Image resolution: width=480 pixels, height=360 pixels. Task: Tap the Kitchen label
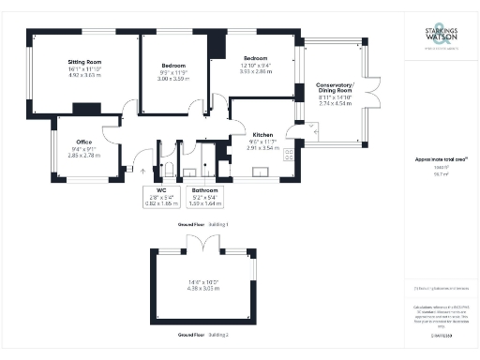tap(263, 135)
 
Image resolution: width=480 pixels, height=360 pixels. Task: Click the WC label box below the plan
tap(157, 195)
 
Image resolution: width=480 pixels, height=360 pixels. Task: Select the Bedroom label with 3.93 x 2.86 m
tap(256, 58)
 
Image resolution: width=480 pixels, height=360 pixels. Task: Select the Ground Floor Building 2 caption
tap(204, 335)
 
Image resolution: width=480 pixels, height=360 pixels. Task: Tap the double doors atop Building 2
tap(203, 243)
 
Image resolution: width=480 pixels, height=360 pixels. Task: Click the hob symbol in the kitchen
tap(290, 154)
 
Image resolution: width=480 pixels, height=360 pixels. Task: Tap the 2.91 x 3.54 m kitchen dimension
tap(263, 148)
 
